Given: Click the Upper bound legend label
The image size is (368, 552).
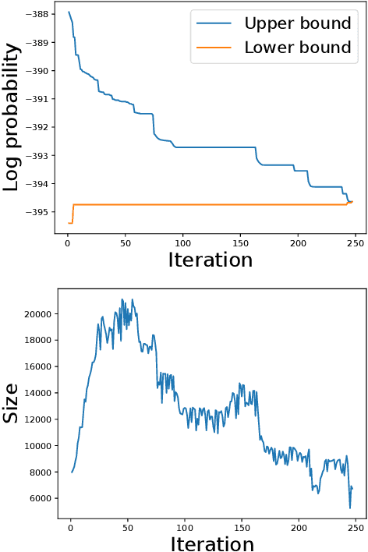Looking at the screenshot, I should tap(296, 23).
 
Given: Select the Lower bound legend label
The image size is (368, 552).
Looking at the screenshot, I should tap(296, 48).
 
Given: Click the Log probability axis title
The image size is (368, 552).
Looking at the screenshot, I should tap(12, 119).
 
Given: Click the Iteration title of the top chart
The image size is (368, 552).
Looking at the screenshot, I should tap(211, 260).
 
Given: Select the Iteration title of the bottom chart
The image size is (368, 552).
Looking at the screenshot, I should tap(211, 543).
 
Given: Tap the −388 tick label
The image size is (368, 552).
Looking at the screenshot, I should tap(36, 15).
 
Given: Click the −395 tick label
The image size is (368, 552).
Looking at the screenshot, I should tap(36, 212).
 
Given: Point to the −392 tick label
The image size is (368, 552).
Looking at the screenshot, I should tap(36, 127).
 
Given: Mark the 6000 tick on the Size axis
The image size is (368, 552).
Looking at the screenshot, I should tap(37, 498).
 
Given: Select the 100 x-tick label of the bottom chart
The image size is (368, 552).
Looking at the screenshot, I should tap(185, 526).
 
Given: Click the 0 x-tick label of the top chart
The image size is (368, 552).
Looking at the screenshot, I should tap(68, 242).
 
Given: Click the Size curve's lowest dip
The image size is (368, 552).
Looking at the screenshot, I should tap(350, 508).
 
